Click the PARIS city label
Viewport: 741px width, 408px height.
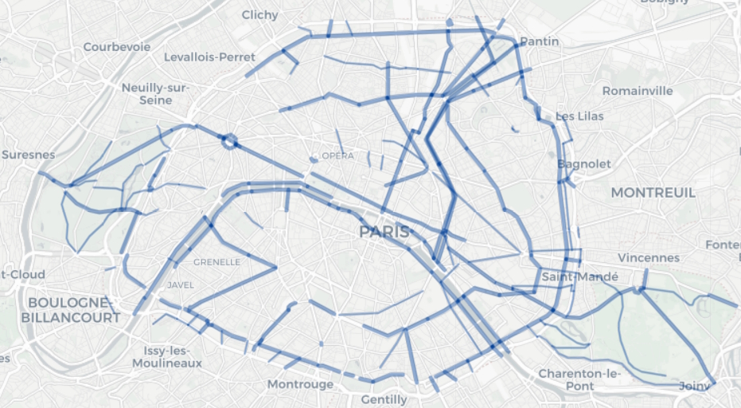pyautogui.click(x=384, y=232)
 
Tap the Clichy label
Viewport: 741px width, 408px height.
pyautogui.click(x=259, y=15)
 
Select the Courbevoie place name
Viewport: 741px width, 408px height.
pyautogui.click(x=117, y=47)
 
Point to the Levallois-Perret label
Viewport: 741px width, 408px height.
pyautogui.click(x=209, y=57)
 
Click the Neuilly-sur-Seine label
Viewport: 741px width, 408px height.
pyautogui.click(x=155, y=94)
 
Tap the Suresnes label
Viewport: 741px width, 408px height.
pyautogui.click(x=28, y=155)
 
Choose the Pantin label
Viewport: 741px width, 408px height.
pyautogui.click(x=539, y=41)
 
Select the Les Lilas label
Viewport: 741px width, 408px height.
pyautogui.click(x=579, y=116)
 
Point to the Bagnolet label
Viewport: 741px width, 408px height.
pyautogui.click(x=584, y=164)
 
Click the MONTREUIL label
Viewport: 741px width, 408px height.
pyautogui.click(x=653, y=193)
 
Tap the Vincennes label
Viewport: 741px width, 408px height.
pyautogui.click(x=649, y=258)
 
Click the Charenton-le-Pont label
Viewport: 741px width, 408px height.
pyautogui.click(x=579, y=379)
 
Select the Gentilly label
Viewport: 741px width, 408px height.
pyautogui.click(x=384, y=399)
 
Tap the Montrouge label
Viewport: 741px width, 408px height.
pyautogui.click(x=300, y=384)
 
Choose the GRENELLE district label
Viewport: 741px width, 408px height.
pyautogui.click(x=216, y=261)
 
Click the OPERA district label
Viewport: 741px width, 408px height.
pyautogui.click(x=337, y=155)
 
